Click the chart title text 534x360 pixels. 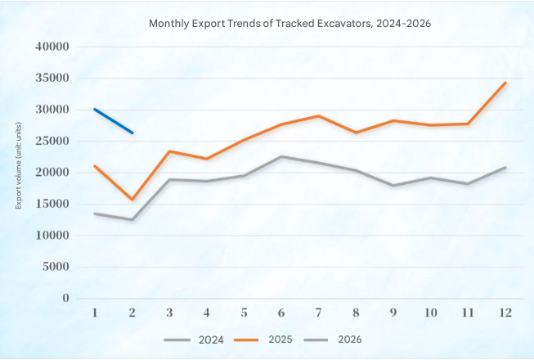(x=289, y=23)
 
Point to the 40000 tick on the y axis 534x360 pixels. (x=52, y=47)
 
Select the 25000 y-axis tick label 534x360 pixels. (x=52, y=142)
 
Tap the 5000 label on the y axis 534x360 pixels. (x=55, y=267)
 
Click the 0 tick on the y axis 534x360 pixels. (x=65, y=299)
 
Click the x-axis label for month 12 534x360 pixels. (x=505, y=313)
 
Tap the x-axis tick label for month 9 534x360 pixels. (x=394, y=313)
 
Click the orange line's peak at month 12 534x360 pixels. (x=505, y=83)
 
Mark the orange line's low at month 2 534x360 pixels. (x=132, y=200)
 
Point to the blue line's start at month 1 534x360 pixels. (x=95, y=109)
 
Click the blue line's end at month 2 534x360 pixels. (x=132, y=133)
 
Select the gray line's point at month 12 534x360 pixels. (x=505, y=168)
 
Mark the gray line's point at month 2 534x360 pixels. (x=132, y=220)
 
